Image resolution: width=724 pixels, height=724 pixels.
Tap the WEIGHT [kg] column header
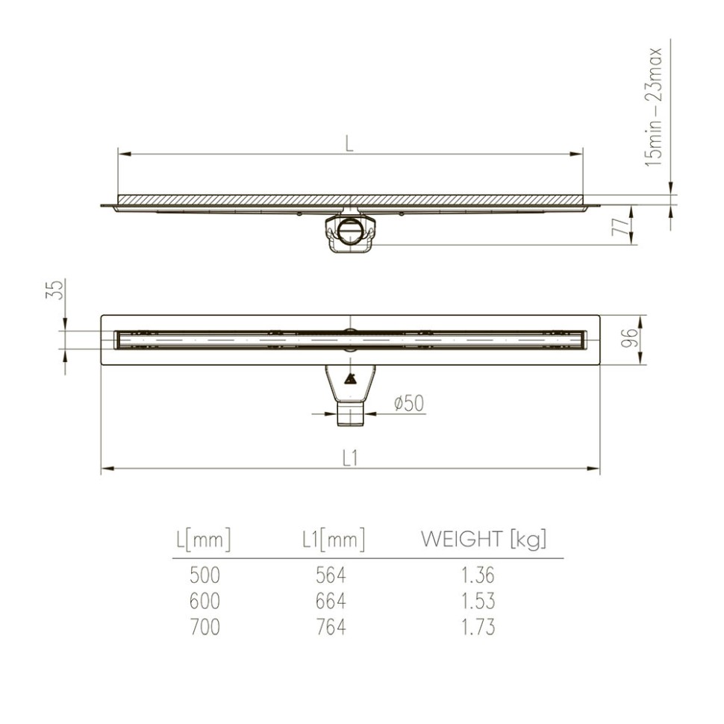point(484,540)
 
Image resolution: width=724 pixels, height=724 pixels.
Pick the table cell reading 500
point(205,575)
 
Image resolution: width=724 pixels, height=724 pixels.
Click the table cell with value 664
point(331,601)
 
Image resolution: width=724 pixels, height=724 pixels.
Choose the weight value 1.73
point(477,626)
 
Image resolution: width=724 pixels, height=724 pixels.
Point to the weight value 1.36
point(477,575)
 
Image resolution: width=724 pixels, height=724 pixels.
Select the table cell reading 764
point(331,626)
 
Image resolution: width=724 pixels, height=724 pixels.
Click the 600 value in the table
point(205,601)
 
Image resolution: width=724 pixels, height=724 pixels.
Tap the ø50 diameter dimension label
point(408,404)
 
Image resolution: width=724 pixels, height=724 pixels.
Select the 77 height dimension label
point(619,227)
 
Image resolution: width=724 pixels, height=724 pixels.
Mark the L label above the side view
point(349,144)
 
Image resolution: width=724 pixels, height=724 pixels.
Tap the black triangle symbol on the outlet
point(349,378)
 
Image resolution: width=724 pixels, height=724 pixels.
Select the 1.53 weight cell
point(477,601)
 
